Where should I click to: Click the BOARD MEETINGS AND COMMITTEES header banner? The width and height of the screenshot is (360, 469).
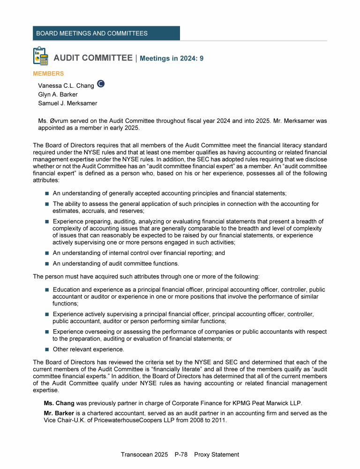[x=106, y=33]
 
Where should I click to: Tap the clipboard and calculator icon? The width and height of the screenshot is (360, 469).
[x=41, y=56]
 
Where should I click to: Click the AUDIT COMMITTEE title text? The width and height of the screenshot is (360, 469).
[x=93, y=58]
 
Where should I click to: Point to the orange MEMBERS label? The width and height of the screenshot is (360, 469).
[x=48, y=74]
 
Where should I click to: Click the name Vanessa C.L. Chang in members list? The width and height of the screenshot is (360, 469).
[x=66, y=86]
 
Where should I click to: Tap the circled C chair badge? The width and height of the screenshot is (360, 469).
[x=100, y=84]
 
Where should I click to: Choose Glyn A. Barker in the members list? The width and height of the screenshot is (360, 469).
[x=58, y=94]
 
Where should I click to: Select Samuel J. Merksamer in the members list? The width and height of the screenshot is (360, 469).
[x=68, y=103]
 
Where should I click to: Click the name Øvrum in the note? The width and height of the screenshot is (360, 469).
[x=60, y=121]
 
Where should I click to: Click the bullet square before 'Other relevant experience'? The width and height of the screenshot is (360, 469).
[x=47, y=349]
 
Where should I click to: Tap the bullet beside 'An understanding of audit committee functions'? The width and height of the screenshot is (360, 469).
[x=47, y=264]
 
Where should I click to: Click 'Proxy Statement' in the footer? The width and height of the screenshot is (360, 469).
[x=217, y=454]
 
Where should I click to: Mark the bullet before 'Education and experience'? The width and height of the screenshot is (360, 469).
[x=47, y=290]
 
